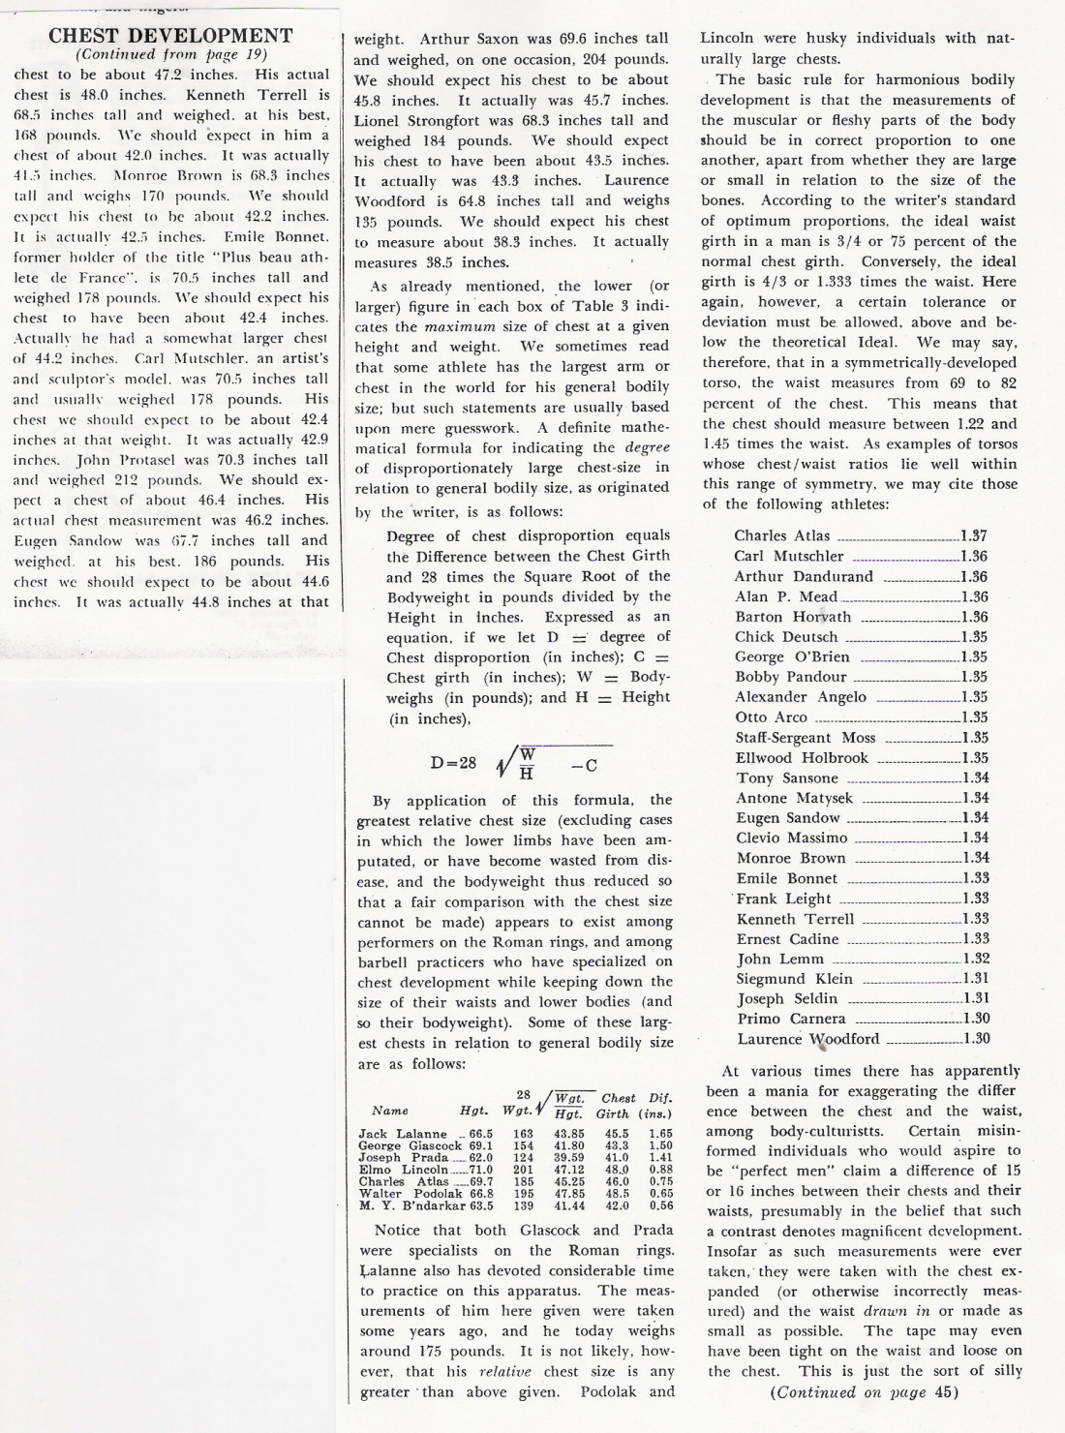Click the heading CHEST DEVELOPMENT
coord(169,36)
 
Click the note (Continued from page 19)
coord(169,55)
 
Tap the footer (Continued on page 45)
coord(862,1392)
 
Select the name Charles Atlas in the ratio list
coord(782,535)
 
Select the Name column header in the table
coord(390,1111)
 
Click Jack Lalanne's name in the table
coord(403,1134)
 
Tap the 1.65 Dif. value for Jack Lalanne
coord(660,1134)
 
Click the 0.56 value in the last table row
coord(660,1205)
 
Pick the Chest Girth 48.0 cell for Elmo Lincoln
coord(618,1170)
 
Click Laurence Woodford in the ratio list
coord(808,1039)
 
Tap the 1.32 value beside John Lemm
coord(975,959)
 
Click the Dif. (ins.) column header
coord(660,1105)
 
